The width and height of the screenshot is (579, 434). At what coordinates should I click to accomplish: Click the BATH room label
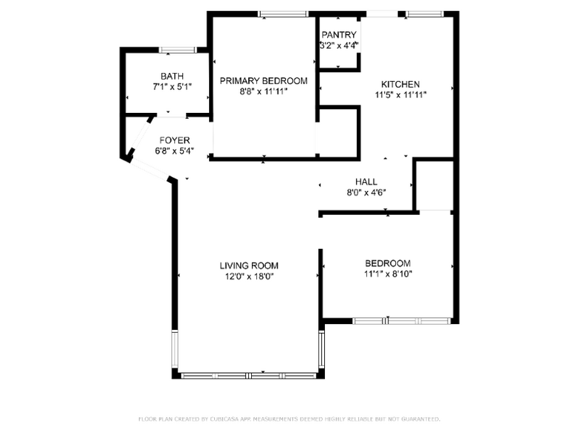point(172,76)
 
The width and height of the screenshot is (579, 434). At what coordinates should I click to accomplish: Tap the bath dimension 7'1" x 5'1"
point(172,86)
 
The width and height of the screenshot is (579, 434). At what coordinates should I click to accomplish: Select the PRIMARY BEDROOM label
point(264,80)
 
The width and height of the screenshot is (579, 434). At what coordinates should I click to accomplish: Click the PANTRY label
point(339,35)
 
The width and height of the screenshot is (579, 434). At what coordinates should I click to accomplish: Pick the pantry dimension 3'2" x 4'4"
point(339,45)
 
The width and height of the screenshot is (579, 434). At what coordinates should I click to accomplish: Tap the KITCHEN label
point(400,84)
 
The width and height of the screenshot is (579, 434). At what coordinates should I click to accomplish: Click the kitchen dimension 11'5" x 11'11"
point(400,94)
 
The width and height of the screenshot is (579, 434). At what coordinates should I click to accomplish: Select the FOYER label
point(174,140)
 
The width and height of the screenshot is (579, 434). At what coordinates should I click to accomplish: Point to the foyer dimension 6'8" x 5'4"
point(174,151)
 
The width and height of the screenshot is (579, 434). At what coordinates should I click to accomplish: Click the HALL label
point(366,182)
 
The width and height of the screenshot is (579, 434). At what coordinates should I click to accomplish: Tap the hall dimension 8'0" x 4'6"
point(366,192)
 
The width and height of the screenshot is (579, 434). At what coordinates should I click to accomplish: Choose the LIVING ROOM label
point(249,266)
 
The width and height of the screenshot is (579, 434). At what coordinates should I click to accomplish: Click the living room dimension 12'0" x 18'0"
point(249,276)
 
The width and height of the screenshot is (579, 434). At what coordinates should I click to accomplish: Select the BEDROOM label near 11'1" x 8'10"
point(388,263)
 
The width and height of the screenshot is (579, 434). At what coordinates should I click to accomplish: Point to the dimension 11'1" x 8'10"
point(388,274)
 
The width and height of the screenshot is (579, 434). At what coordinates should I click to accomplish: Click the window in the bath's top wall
point(178,50)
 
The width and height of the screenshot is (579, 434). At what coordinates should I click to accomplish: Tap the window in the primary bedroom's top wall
point(283,13)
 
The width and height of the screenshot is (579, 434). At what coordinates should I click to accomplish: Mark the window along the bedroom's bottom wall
point(402,321)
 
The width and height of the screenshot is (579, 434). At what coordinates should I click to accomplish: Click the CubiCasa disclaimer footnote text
point(289,418)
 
